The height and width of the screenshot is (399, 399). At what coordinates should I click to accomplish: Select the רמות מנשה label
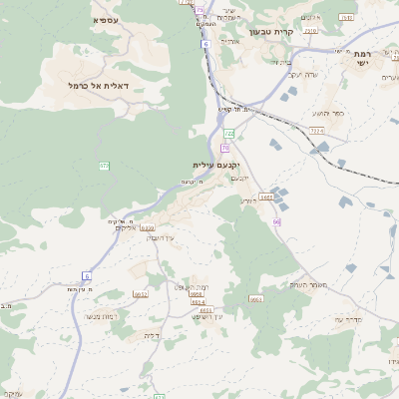pos(103,316)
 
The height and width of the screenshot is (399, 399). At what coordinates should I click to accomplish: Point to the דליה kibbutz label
pos(152,335)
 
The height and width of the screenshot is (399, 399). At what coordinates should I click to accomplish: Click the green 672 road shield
pos(104,165)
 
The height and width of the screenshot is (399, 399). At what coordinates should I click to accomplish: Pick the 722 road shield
pos(228,133)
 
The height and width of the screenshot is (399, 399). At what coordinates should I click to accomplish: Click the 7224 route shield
pos(317,130)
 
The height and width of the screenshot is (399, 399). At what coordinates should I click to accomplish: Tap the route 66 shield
pos(276,220)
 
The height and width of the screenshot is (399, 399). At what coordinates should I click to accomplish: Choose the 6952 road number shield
pos(141,294)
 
